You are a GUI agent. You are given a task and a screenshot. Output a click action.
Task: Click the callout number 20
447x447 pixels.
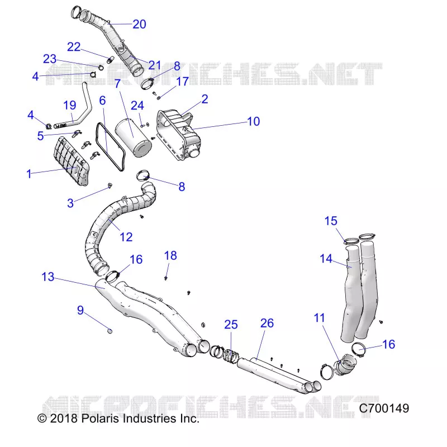pyautogui.click(x=139, y=24)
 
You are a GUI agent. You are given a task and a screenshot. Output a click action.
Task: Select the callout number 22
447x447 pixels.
pyautogui.click(x=74, y=47)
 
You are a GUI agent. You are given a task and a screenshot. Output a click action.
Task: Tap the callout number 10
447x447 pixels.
pyautogui.click(x=254, y=121)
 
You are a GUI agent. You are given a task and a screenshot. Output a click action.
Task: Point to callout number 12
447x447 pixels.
pyautogui.click(x=126, y=237)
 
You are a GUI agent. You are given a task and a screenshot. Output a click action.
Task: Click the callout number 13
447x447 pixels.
pyautogui.click(x=48, y=277)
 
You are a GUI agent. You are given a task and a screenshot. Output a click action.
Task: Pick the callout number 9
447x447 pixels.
pyautogui.click(x=80, y=310)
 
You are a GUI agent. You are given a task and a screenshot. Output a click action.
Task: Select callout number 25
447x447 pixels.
pyautogui.click(x=231, y=325)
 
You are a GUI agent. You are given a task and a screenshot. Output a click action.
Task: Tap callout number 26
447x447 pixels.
pyautogui.click(x=267, y=323)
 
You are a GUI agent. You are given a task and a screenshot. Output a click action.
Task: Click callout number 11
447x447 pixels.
pyautogui.click(x=319, y=318)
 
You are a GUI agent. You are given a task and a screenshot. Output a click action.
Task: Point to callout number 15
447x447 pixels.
pyautogui.click(x=331, y=221)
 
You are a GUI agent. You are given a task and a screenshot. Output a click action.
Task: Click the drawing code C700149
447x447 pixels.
pyautogui.click(x=384, y=408)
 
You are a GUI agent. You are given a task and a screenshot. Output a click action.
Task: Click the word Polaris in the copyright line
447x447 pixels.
pyautogui.click(x=100, y=419)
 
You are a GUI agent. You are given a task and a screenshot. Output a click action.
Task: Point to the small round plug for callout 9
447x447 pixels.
pyautogui.click(x=110, y=331)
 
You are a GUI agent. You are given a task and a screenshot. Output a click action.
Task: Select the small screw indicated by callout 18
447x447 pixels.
pyautogui.click(x=166, y=278)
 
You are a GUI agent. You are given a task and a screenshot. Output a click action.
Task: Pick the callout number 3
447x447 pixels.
pyautogui.click(x=70, y=203)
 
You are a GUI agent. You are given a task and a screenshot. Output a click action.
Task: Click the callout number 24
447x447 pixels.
pyautogui.click(x=137, y=106)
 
